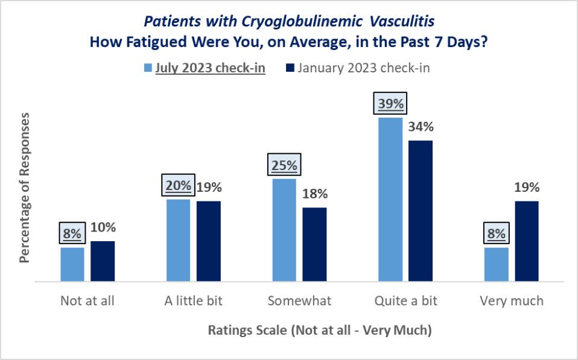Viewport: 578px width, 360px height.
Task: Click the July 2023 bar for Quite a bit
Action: pos(390,200)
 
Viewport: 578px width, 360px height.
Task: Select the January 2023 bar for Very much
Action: pos(526,241)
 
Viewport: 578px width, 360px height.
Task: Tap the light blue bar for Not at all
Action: pos(72,264)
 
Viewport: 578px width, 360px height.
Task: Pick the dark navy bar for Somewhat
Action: pos(314,244)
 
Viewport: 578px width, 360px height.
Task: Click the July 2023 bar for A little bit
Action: pos(178,240)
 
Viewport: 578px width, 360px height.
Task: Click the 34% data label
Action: pos(421,127)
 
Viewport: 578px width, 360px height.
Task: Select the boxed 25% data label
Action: pos(284,165)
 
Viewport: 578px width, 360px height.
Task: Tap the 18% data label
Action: pos(314,194)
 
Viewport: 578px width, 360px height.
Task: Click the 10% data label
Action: pos(103,227)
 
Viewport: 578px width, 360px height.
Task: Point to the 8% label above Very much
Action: pos(496,233)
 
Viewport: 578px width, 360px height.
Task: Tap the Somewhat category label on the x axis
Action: pos(299,300)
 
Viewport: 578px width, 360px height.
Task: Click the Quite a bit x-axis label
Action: pos(405,300)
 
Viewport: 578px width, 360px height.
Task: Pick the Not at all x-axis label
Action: pos(87,300)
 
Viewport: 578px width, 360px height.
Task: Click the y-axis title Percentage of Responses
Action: pos(24,186)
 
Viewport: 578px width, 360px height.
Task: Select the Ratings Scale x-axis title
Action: pos(320,330)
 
